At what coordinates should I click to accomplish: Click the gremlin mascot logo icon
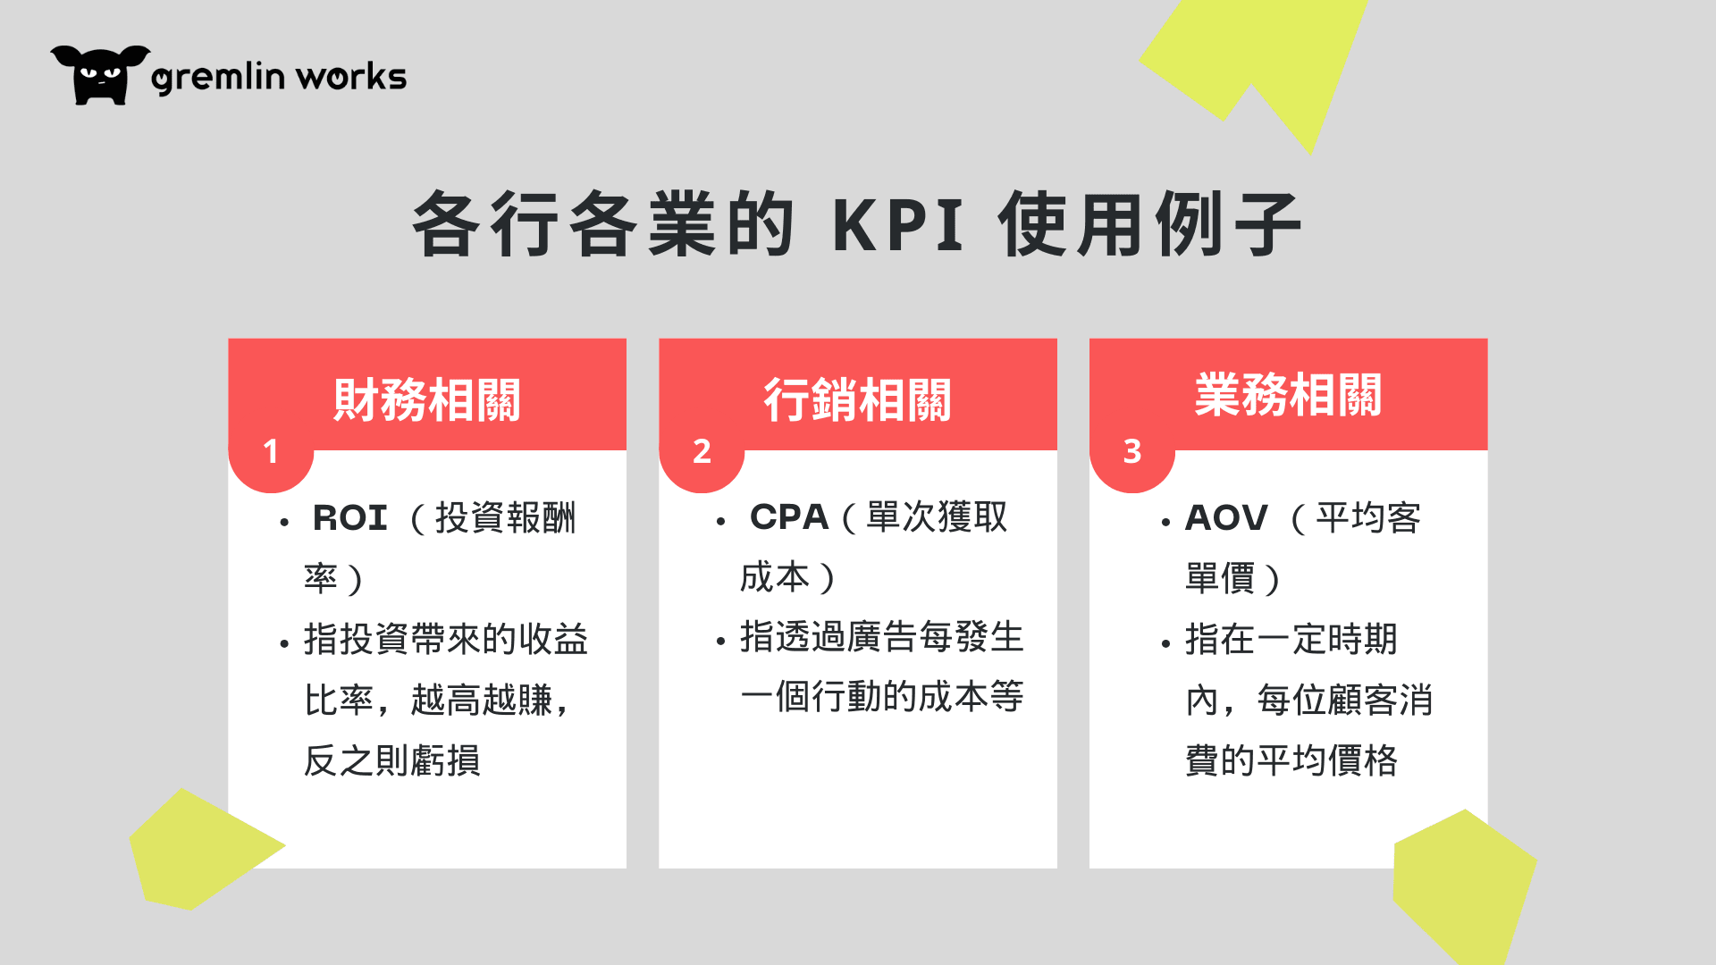tap(100, 75)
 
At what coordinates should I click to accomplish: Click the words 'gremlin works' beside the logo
tap(279, 78)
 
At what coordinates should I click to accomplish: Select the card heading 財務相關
tap(427, 399)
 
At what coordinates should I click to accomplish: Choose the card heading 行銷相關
tap(857, 399)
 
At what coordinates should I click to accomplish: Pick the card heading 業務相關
tap(1288, 394)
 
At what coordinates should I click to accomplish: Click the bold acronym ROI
tap(349, 518)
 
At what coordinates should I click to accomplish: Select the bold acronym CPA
tap(789, 517)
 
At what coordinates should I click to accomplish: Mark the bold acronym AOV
tap(1226, 518)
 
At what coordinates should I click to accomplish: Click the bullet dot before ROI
tap(284, 522)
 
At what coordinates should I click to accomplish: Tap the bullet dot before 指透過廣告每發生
tap(720, 642)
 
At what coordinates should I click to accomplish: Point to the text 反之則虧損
tap(392, 760)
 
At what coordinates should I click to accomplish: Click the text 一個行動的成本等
tap(882, 697)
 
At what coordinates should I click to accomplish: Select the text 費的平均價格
tap(1291, 760)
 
